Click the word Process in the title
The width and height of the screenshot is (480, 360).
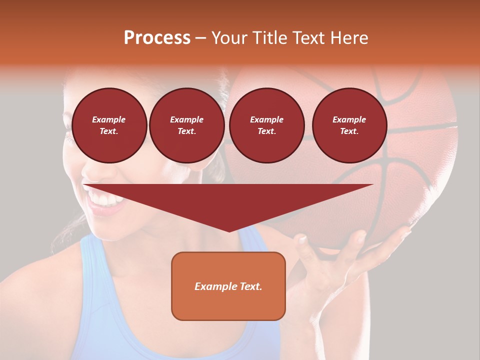157,38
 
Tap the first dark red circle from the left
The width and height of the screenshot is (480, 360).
109,125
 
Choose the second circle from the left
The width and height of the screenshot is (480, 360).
186,125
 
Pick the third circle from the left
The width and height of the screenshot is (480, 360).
266,125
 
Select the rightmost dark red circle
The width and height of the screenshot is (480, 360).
349,125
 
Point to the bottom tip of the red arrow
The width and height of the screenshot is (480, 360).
229,231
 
